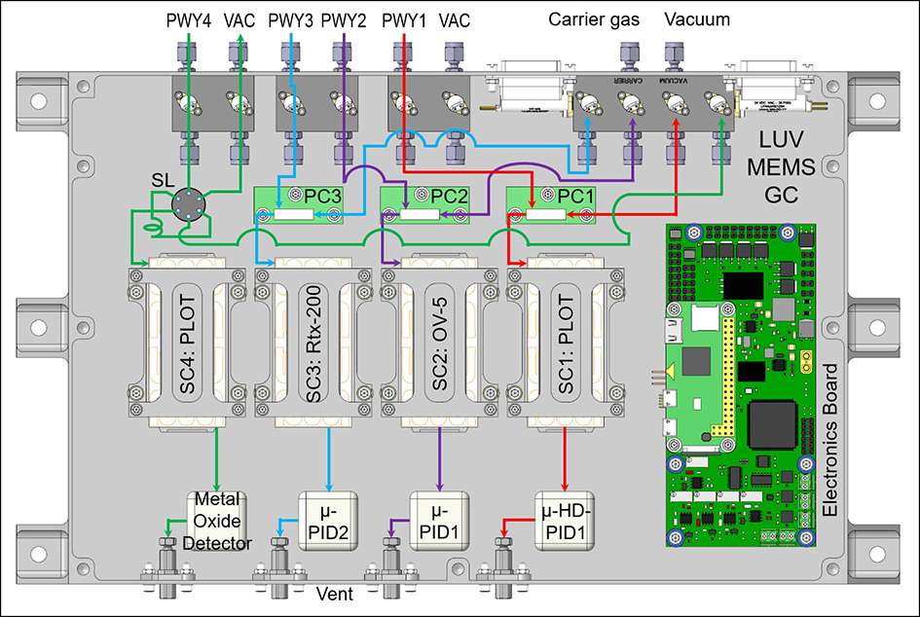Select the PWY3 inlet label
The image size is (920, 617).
point(291,18)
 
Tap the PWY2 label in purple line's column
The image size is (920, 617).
point(344,18)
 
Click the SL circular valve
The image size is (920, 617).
point(183,204)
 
